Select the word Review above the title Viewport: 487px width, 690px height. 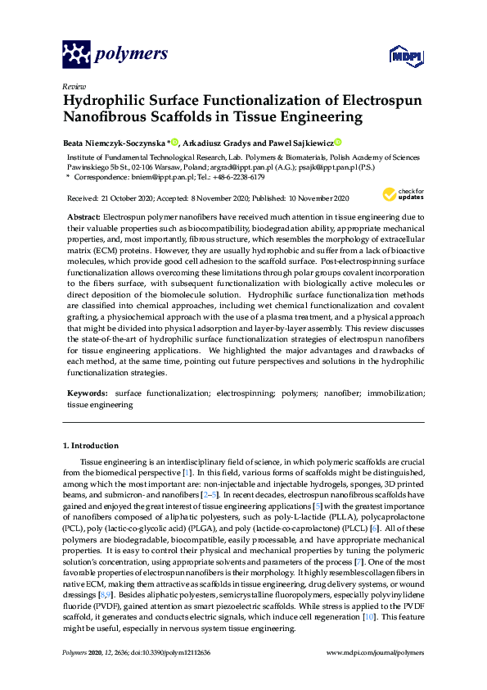coord(74,86)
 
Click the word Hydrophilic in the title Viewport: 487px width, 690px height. coord(104,101)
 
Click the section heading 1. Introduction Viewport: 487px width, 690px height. coord(90,447)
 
